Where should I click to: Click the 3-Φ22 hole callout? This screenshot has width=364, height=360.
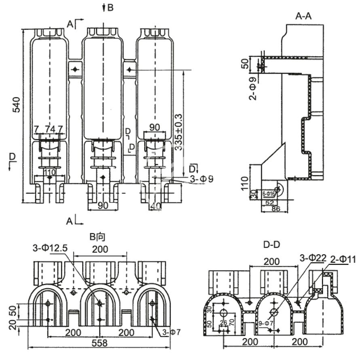coord(313,258)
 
